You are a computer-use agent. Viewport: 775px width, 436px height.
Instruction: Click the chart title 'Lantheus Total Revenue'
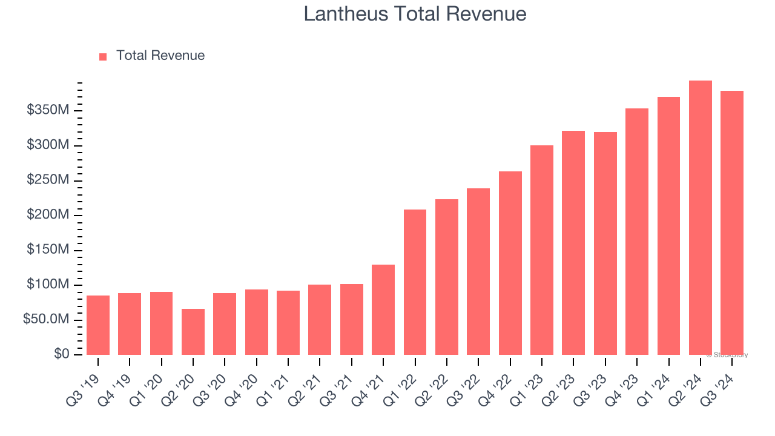click(x=415, y=14)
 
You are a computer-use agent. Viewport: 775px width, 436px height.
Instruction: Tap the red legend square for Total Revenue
click(x=103, y=56)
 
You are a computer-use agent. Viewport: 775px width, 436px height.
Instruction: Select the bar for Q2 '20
click(x=193, y=331)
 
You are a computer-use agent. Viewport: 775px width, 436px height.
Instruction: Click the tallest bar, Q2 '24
click(x=701, y=217)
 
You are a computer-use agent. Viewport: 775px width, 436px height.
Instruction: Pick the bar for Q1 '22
click(x=415, y=282)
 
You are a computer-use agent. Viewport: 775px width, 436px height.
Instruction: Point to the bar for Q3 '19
click(x=98, y=325)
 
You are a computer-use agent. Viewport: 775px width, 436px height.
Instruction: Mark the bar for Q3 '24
click(x=732, y=222)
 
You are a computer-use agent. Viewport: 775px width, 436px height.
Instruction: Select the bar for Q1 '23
click(x=542, y=249)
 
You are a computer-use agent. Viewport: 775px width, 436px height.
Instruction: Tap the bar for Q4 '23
click(x=637, y=231)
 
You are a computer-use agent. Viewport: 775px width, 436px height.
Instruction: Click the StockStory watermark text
click(x=727, y=355)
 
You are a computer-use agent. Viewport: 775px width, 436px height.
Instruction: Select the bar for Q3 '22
click(x=478, y=271)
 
